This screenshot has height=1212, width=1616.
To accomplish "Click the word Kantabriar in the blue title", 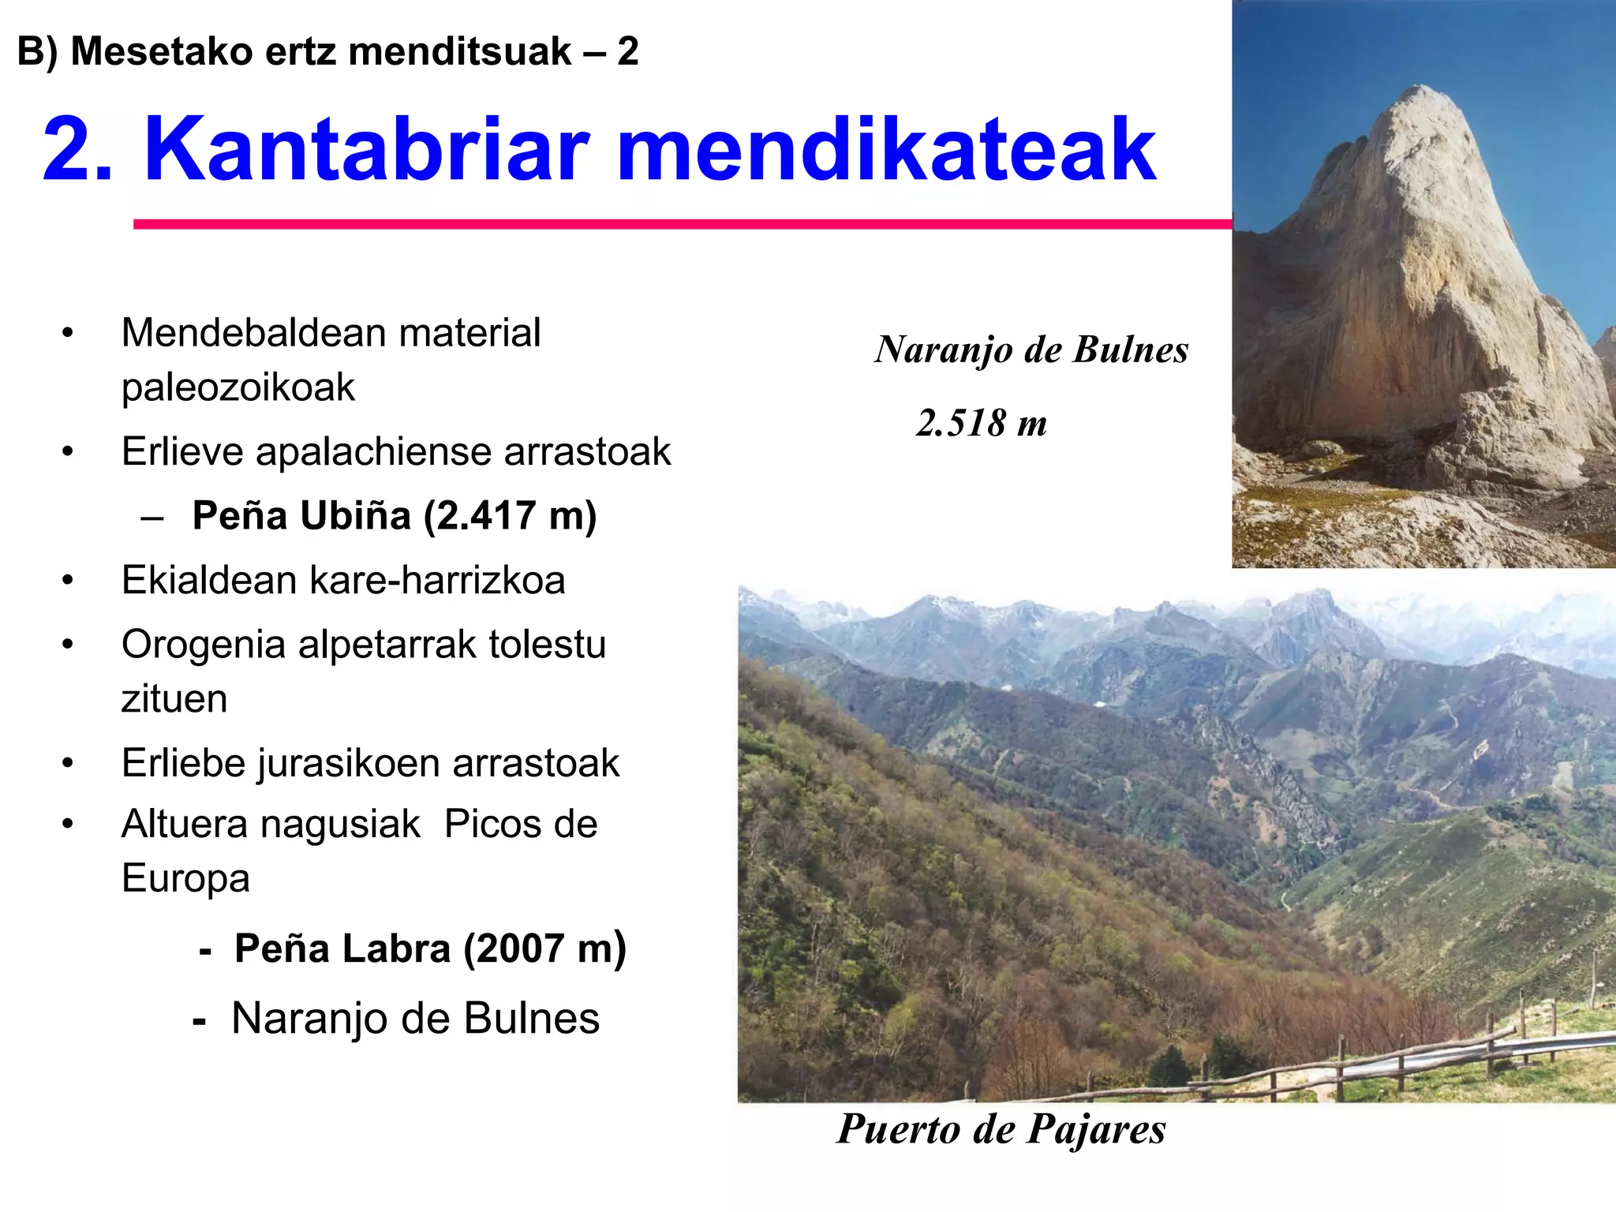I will pyautogui.click(x=367, y=150).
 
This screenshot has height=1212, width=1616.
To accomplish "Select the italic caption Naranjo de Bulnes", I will pyautogui.click(x=1031, y=350).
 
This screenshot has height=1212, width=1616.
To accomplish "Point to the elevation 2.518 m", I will pyautogui.click(x=981, y=423).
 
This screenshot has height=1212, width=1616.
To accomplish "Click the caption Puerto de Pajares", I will pyautogui.click(x=1001, y=1128).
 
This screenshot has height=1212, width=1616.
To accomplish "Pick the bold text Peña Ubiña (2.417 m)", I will pyautogui.click(x=395, y=516).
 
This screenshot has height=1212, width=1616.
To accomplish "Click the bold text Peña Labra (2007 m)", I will pyautogui.click(x=430, y=948).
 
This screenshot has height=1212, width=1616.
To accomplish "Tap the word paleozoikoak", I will pyautogui.click(x=238, y=387).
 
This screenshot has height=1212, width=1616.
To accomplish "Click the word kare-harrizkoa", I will pyautogui.click(x=437, y=581).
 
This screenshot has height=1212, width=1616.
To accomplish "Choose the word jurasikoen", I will pyautogui.click(x=350, y=763).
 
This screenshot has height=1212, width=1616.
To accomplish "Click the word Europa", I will pyautogui.click(x=185, y=878).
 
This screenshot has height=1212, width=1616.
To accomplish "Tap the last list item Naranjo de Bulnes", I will pyautogui.click(x=415, y=1018).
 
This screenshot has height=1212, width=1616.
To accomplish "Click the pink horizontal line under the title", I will pyautogui.click(x=679, y=225).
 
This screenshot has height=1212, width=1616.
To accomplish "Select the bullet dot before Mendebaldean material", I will pyautogui.click(x=68, y=333).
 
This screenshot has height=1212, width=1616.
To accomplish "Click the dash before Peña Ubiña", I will pyautogui.click(x=151, y=518).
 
